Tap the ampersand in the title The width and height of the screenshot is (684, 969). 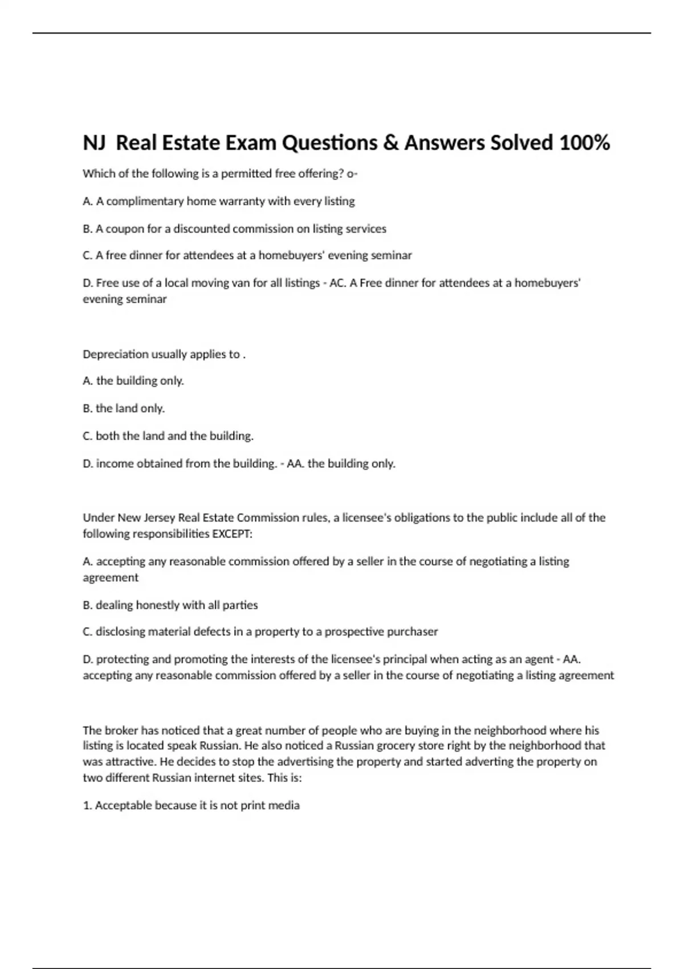click(390, 142)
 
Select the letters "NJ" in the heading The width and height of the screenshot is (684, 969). click(95, 142)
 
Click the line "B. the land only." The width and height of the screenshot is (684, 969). click(124, 408)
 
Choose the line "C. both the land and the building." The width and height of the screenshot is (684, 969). click(168, 435)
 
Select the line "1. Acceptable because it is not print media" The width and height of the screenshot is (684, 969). click(192, 805)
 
